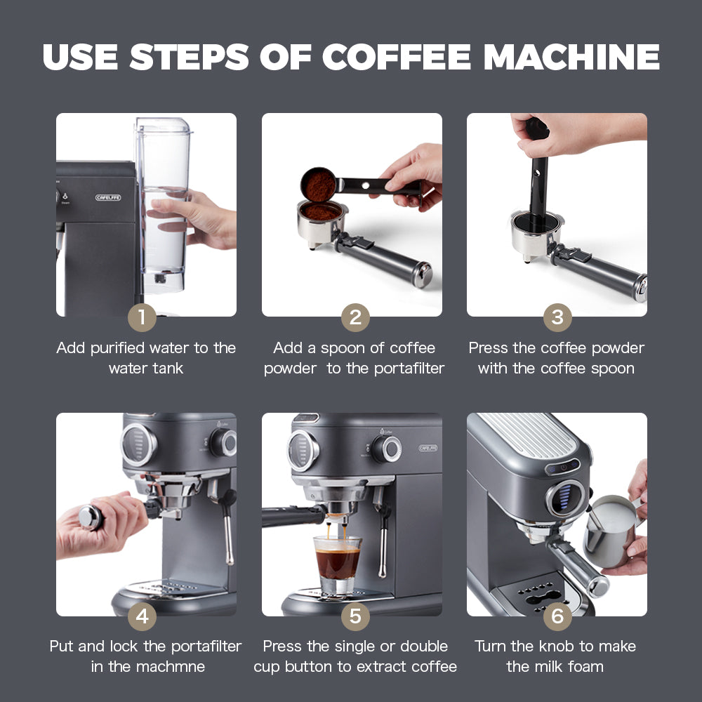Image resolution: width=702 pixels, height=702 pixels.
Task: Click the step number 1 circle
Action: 142,317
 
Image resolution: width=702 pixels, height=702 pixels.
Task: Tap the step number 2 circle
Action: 355,317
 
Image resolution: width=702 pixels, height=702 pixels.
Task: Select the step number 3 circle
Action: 557,317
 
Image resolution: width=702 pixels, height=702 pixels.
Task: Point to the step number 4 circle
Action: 142,616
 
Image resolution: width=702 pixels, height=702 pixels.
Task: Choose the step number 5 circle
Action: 355,616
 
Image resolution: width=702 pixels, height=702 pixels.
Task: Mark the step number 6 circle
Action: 557,616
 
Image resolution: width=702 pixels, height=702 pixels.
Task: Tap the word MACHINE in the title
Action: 572,57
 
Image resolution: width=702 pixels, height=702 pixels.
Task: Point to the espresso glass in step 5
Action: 338,559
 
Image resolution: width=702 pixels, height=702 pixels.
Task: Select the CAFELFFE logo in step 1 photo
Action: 108,198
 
